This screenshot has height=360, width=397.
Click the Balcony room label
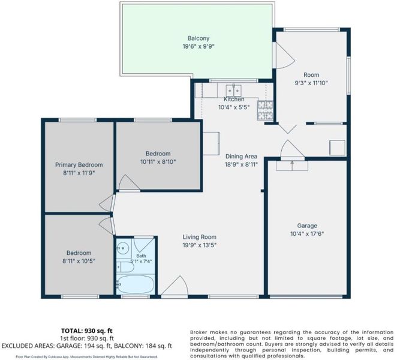[x=198, y=38]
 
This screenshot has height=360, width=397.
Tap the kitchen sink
[x=233, y=90]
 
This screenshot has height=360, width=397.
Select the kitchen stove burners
[x=265, y=110]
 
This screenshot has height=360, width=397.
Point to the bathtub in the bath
[x=135, y=284]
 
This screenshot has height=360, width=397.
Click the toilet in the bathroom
[x=125, y=267]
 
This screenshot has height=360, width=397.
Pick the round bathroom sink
[x=124, y=248]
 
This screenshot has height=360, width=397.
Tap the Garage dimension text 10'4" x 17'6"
[x=307, y=233]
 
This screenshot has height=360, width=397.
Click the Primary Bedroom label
[x=79, y=165]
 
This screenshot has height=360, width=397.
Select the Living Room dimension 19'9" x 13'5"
[x=200, y=245]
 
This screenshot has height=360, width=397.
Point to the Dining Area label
[x=241, y=157]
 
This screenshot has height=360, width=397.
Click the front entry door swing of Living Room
[x=175, y=286]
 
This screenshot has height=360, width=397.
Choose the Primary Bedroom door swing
[x=107, y=203]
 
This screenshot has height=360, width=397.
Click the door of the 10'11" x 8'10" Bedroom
[x=129, y=182]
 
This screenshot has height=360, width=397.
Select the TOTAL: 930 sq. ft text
[x=87, y=331]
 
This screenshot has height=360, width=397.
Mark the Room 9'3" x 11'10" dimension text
[x=311, y=83]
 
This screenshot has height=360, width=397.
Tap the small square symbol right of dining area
[x=337, y=148]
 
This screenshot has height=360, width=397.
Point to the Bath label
[x=141, y=256]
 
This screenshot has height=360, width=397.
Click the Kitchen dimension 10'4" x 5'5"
[x=234, y=107]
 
